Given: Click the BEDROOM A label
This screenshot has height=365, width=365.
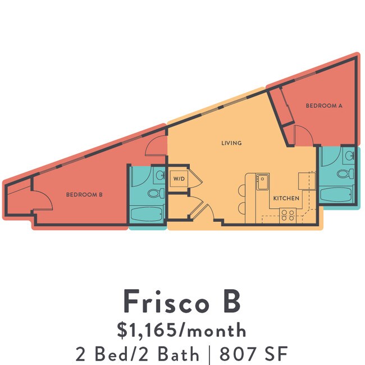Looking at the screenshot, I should (324, 106).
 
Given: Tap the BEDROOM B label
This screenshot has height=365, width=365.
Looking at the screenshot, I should (84, 195).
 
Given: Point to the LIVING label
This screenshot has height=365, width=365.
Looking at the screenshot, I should (231, 143).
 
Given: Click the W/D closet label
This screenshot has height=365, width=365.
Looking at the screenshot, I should (179, 179).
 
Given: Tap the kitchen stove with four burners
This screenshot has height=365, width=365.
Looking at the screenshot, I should (288, 213).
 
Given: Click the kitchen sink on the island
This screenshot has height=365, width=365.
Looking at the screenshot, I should (262, 180).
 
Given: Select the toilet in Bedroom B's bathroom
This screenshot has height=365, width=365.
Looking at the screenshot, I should (155, 194).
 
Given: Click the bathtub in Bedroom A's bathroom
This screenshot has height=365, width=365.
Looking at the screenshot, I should (336, 195).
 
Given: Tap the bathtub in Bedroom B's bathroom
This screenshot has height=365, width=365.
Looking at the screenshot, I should (147, 214).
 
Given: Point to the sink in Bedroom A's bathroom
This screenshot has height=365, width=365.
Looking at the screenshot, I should (348, 156).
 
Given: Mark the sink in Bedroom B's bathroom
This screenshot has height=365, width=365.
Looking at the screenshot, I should (159, 175).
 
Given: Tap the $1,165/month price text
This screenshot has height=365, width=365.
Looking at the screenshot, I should (182, 329).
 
